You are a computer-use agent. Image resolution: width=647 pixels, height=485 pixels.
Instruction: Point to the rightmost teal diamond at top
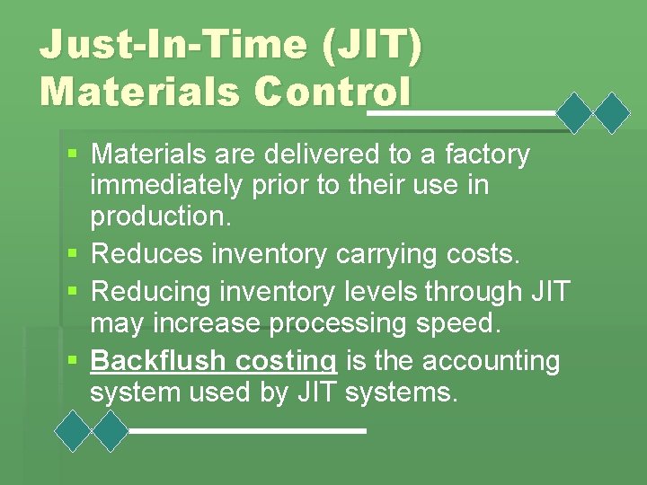coord(614,113)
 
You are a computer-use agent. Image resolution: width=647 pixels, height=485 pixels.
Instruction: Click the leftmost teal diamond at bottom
coord(75,431)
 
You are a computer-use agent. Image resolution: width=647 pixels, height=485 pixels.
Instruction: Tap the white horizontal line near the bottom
coord(247,431)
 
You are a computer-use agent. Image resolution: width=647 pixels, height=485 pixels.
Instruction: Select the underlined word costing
coord(285,361)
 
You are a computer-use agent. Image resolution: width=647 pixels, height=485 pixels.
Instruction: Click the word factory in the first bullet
coord(485,155)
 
